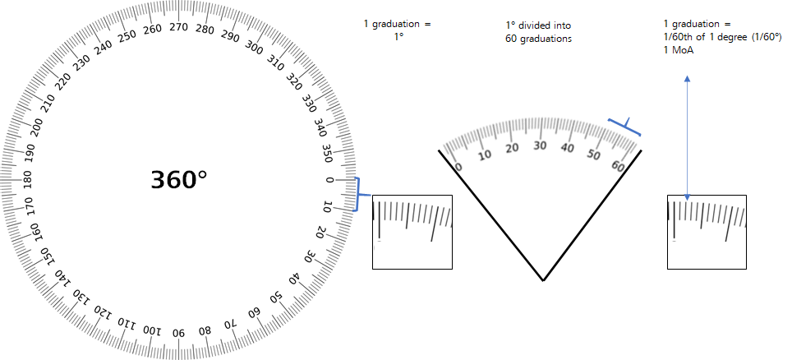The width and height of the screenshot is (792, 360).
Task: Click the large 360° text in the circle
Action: tap(179, 180)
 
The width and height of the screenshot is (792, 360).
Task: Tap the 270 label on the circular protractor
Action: tap(179, 27)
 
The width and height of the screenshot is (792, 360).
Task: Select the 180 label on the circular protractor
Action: tap(27, 180)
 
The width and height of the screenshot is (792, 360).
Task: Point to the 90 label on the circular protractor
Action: tap(179, 333)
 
